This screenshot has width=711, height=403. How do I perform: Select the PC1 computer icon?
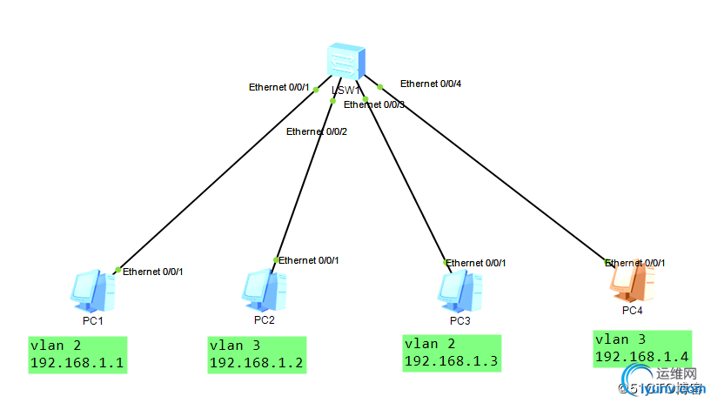[x=92, y=291]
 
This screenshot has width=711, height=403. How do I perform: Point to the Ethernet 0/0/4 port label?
[x=431, y=84]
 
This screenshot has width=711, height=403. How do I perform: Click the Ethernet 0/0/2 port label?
[x=317, y=131]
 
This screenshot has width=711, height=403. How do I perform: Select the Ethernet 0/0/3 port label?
[x=374, y=104]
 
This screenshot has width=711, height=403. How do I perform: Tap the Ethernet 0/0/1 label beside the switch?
[x=279, y=87]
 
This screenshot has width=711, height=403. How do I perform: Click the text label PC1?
[x=93, y=320]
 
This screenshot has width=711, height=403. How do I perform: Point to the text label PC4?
[x=633, y=310]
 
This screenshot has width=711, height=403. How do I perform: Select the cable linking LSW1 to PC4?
[x=492, y=174]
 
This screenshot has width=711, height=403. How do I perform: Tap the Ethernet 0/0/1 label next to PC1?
[x=153, y=272]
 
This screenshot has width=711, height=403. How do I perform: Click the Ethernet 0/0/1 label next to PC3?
[x=476, y=263]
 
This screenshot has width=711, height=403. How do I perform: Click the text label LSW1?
[x=345, y=90]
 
